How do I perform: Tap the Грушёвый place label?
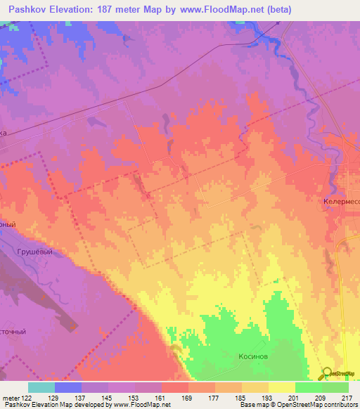click(35, 250)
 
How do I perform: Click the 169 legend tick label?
click(188, 397)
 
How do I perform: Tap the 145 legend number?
click(108, 397)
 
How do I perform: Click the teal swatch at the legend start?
click(41, 387)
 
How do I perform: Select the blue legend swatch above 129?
click(68, 387)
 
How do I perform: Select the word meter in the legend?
click(11, 397)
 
